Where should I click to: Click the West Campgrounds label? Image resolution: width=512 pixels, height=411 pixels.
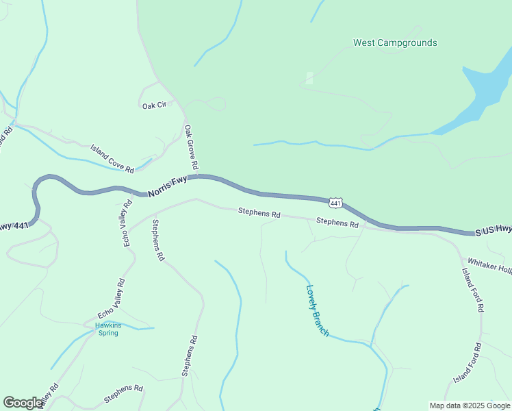click(395, 42)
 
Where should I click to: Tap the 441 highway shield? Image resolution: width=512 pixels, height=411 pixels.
click(335, 203)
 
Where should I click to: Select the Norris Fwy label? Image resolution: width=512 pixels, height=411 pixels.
click(167, 185)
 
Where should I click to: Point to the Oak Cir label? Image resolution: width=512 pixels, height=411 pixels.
click(153, 106)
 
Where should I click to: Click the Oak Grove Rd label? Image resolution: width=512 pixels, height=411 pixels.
click(190, 147)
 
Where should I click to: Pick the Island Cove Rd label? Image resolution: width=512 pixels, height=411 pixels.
click(112, 158)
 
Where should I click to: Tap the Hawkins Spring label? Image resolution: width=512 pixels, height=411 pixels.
click(107, 329)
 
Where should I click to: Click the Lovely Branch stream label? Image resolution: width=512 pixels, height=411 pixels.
click(318, 311)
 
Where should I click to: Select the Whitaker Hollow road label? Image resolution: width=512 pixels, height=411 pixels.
click(489, 266)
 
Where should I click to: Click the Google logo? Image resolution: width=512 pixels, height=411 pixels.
click(23, 403)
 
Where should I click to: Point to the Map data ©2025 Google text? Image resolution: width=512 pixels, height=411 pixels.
click(470, 406)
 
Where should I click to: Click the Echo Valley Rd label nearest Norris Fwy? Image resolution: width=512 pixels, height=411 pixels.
click(127, 223)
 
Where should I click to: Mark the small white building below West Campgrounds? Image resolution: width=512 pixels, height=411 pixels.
click(309, 78)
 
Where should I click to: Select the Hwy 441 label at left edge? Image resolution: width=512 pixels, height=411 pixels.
click(14, 225)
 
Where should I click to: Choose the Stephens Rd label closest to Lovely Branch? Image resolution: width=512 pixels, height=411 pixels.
click(337, 223)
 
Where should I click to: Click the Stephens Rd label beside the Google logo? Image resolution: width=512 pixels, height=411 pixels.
click(123, 393)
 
